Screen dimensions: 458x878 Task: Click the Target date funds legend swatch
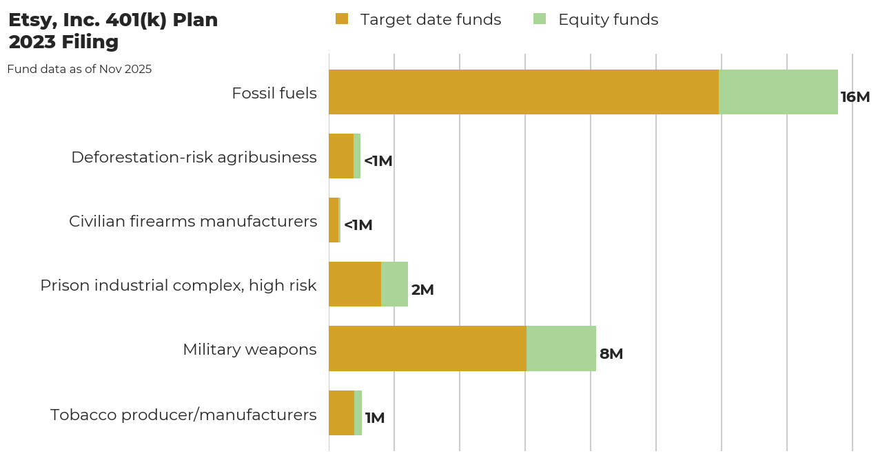(x=342, y=19)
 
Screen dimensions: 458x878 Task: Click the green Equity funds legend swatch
(x=540, y=19)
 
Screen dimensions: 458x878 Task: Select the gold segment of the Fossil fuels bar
(x=524, y=92)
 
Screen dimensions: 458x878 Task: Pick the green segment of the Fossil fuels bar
(x=778, y=92)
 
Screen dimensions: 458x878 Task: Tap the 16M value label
(x=855, y=97)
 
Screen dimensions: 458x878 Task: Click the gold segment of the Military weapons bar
(x=427, y=348)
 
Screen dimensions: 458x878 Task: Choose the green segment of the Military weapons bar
(x=561, y=348)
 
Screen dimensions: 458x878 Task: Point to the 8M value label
(x=611, y=354)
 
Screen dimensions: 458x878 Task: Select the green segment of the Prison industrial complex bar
(x=394, y=284)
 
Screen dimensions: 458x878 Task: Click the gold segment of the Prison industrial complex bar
(x=355, y=284)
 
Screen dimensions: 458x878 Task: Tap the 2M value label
(x=422, y=290)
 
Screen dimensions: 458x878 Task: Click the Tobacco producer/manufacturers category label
(x=183, y=415)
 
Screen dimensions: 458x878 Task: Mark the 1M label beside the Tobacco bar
(x=374, y=418)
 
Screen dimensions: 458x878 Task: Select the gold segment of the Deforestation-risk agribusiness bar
(x=341, y=156)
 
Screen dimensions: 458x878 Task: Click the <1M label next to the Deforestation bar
(x=378, y=161)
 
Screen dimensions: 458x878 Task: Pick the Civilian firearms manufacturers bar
(x=334, y=220)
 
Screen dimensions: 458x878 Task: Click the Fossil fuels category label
(x=274, y=93)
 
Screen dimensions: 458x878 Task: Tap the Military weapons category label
(x=249, y=349)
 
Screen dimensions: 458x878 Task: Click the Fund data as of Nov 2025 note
(x=79, y=69)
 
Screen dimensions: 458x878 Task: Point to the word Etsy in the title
(x=28, y=21)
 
